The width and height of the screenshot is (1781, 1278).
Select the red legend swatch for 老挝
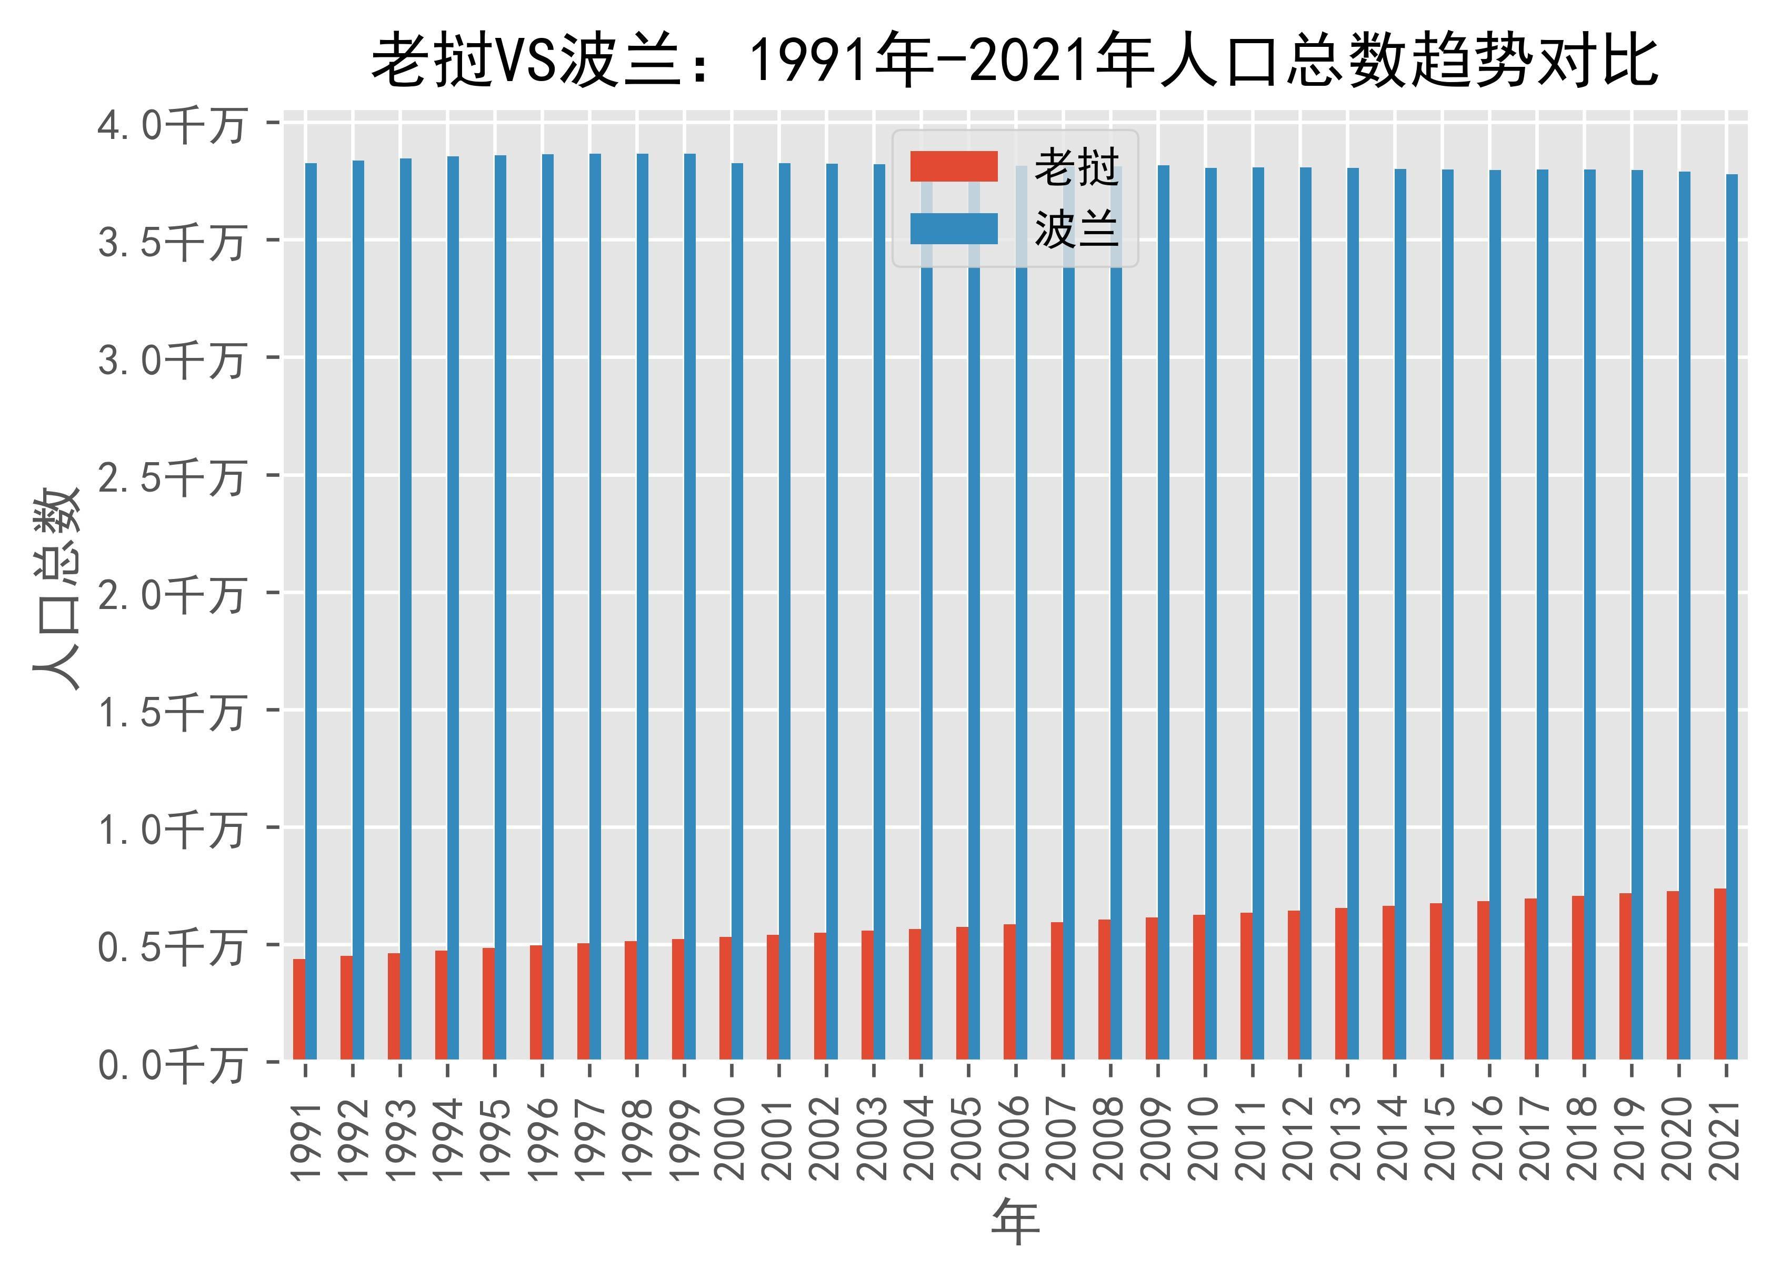953,166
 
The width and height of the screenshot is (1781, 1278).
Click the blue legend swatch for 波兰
953,228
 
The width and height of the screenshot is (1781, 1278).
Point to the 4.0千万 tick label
171,125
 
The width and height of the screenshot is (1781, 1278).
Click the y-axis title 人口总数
56,589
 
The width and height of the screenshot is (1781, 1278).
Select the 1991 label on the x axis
306,1140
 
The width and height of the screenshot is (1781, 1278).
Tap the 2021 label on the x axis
1726,1140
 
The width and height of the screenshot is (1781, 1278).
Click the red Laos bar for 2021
1720,974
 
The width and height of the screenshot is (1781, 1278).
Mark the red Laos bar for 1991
299,1010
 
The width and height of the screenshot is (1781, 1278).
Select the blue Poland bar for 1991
311,613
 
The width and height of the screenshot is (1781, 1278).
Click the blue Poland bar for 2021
1732,616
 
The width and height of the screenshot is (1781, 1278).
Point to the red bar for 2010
1199,987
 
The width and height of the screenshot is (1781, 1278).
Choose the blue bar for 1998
643,605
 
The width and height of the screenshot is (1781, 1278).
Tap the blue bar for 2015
1447,613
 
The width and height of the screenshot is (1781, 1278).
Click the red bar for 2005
962,994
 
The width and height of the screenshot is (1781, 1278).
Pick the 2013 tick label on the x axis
1347,1140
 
